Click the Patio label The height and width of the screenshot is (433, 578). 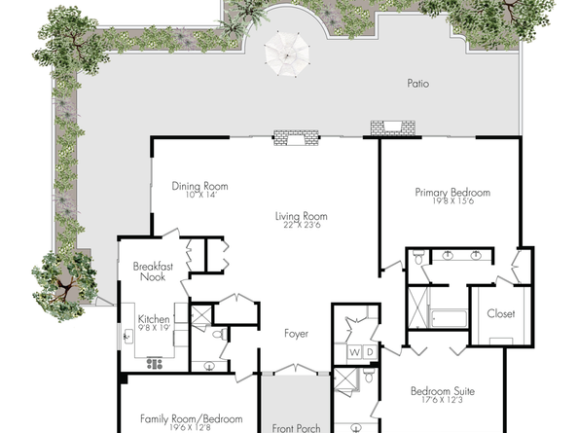418,84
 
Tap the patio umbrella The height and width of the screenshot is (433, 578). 287,54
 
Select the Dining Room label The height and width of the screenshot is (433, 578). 199,186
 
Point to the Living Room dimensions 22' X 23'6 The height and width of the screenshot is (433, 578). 302,225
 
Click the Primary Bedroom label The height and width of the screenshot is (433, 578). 452,193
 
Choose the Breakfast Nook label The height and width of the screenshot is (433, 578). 153,271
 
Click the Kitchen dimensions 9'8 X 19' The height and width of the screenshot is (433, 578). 154,327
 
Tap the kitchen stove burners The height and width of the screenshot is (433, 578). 155,364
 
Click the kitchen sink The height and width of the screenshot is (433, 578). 128,336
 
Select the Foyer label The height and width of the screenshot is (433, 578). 296,334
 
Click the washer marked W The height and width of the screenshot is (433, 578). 354,352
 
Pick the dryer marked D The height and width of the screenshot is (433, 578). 370,352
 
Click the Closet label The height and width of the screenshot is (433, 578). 500,313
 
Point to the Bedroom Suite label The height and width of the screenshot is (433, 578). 443,391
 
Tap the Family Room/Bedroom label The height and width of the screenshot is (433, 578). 192,419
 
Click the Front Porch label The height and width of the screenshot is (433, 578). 296,428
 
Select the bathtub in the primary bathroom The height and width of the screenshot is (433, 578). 449,317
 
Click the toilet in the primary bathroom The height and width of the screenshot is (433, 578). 419,257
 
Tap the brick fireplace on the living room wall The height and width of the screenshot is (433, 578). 296,138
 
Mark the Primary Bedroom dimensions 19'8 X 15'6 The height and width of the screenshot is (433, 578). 453,201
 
